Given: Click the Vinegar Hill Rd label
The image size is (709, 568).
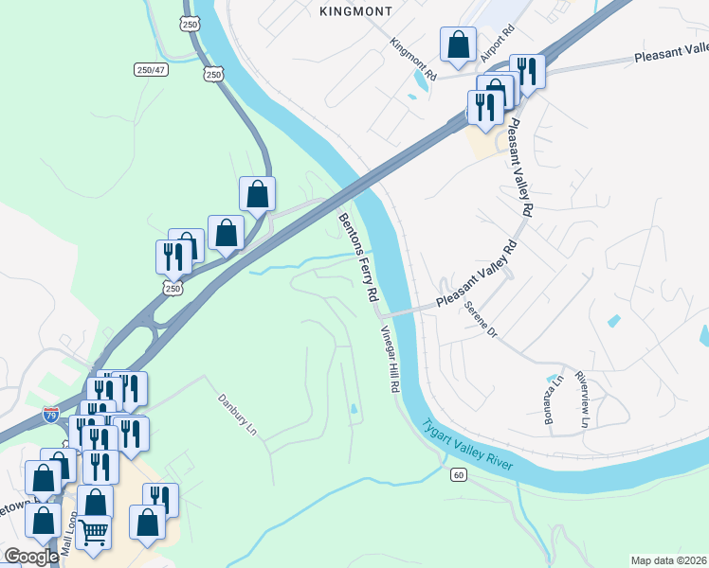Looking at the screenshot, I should coord(390,360).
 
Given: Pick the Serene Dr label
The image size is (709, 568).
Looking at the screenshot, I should coord(480,318).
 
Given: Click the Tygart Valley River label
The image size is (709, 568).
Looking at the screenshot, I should coord(474,448).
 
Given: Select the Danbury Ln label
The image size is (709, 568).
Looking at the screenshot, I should coord(238,413).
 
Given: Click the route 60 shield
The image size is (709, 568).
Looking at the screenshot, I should coord(459,474).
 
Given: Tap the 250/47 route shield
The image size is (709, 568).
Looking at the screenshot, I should coord(151,69).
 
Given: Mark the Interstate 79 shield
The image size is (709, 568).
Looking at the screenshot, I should coord(51,415).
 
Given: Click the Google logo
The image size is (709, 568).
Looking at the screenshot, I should coord(31,557).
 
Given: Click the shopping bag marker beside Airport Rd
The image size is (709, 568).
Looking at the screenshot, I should coord(459,44).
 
